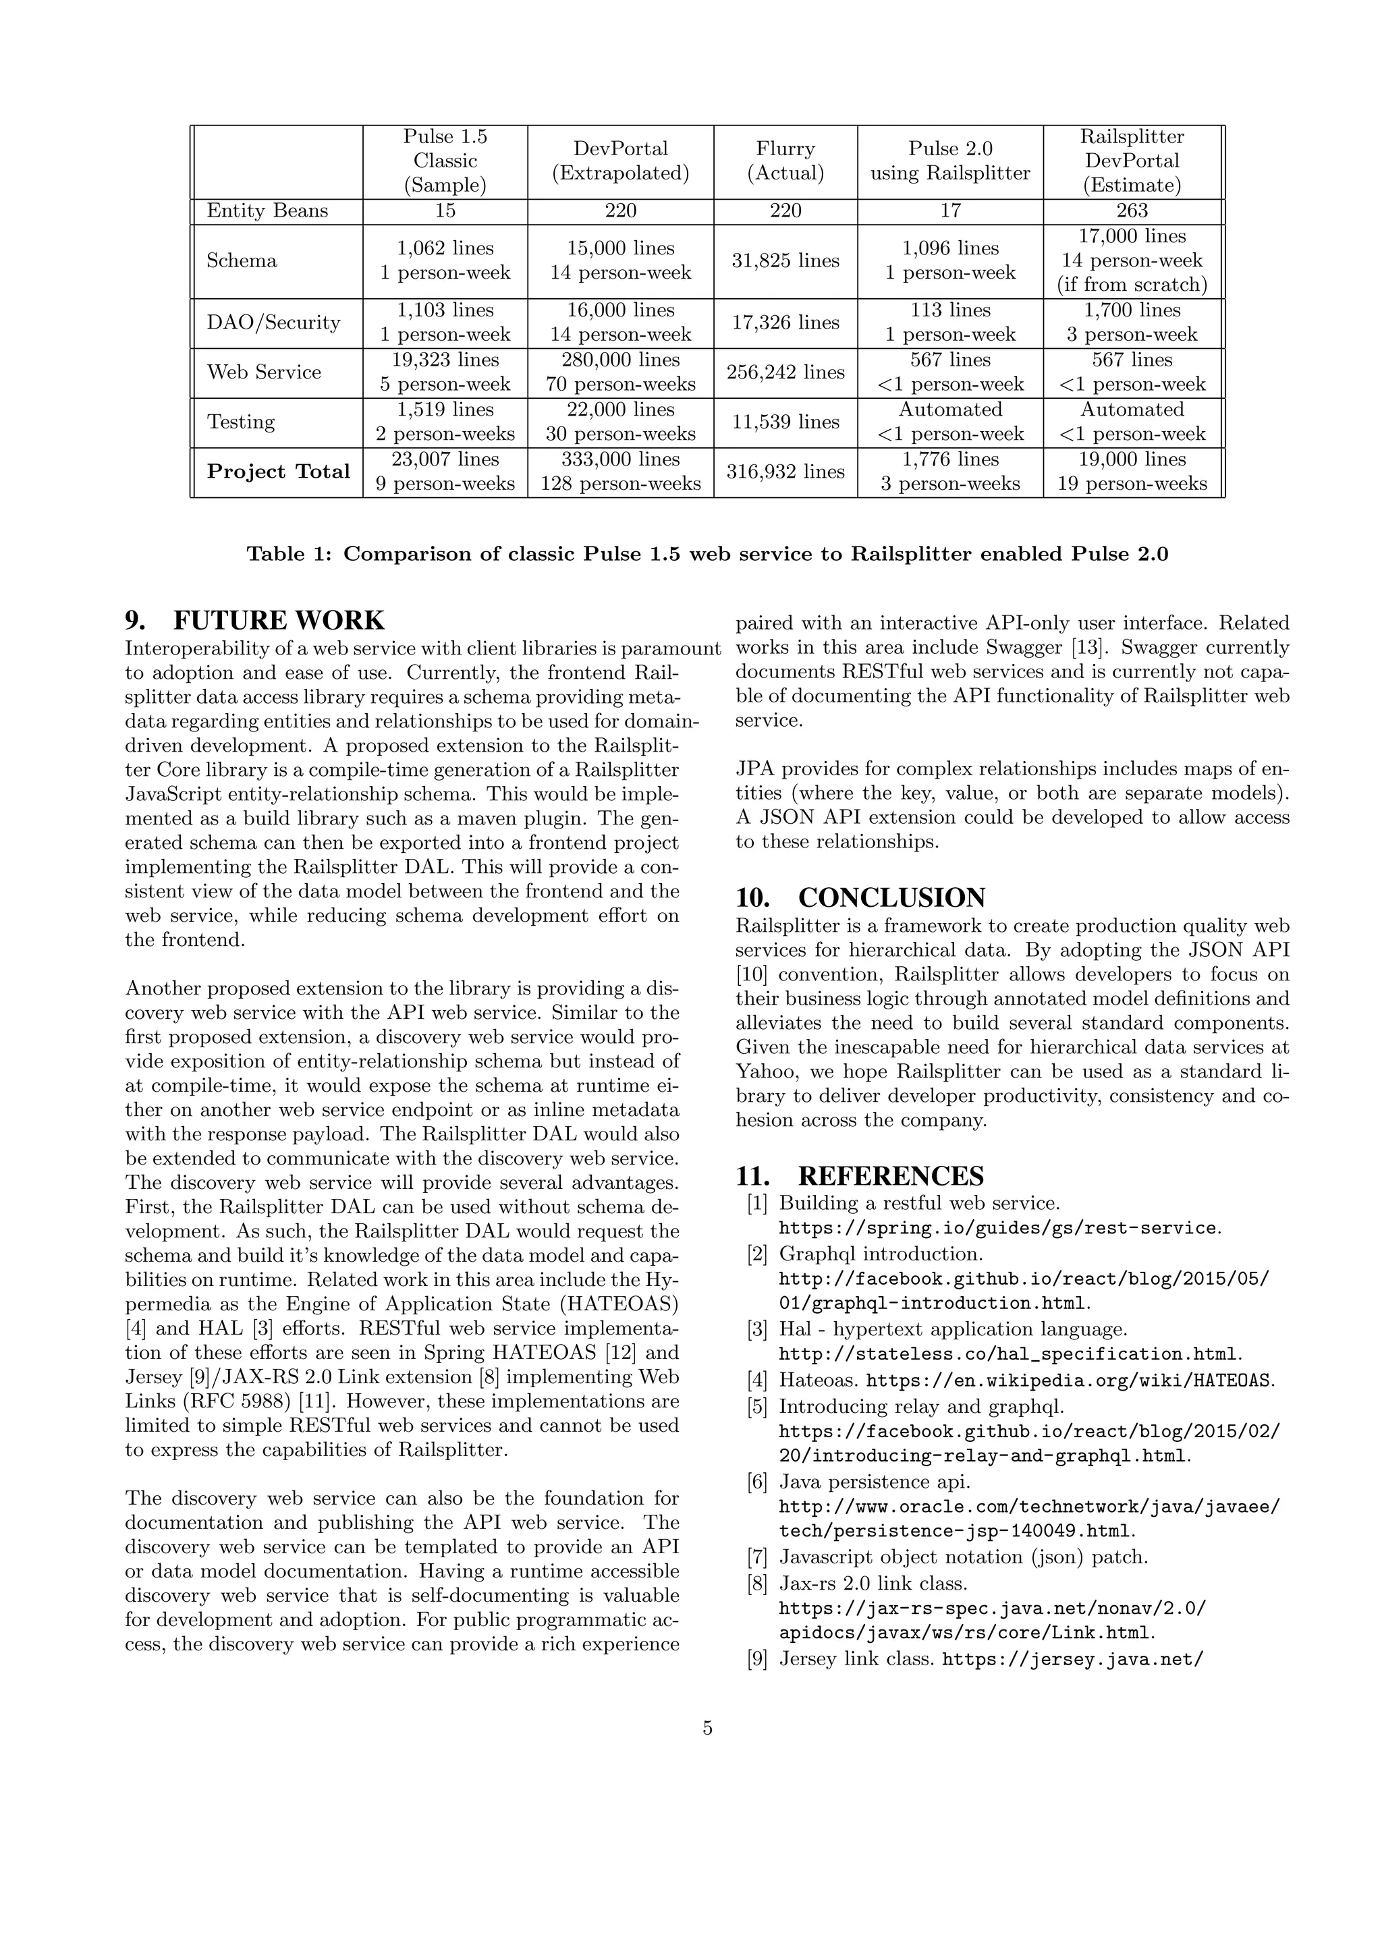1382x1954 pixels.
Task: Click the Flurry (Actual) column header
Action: click(x=785, y=161)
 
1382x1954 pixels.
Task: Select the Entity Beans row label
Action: click(x=267, y=211)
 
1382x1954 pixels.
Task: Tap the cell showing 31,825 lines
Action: click(x=785, y=260)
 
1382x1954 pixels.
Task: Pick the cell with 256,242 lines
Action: click(x=785, y=372)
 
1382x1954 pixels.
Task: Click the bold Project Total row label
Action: click(x=278, y=472)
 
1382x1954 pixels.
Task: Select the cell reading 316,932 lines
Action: click(x=785, y=472)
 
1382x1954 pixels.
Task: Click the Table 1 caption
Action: click(x=707, y=554)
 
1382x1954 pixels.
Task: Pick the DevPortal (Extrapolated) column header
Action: click(x=620, y=161)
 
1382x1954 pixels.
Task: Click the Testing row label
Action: click(x=241, y=422)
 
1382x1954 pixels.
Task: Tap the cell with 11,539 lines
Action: click(x=785, y=422)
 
